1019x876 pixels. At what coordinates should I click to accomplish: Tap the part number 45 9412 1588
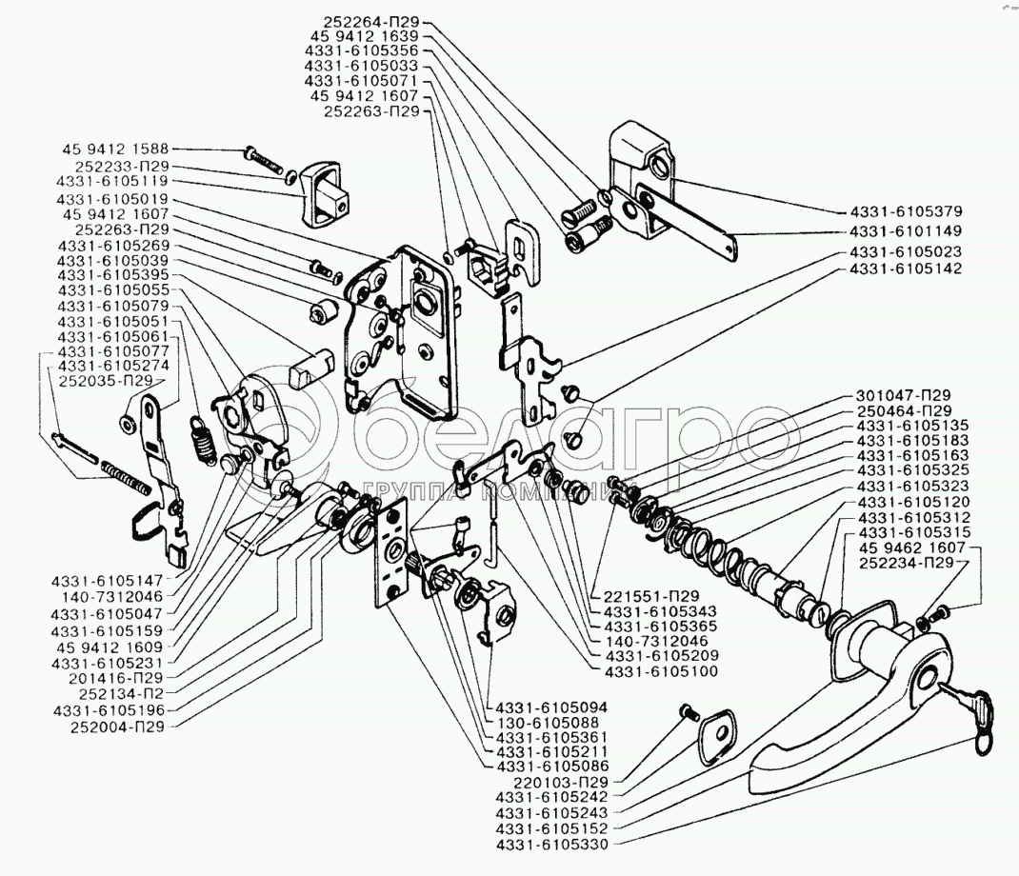pyautogui.click(x=115, y=149)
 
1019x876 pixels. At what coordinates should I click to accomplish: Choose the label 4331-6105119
pyautogui.click(x=112, y=180)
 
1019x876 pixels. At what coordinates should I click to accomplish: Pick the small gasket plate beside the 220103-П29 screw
pyautogui.click(x=716, y=734)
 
